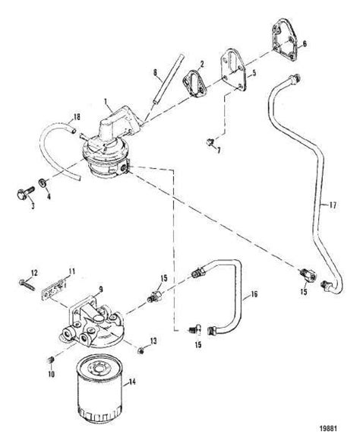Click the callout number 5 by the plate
(255, 74)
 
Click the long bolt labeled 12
(27, 284)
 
